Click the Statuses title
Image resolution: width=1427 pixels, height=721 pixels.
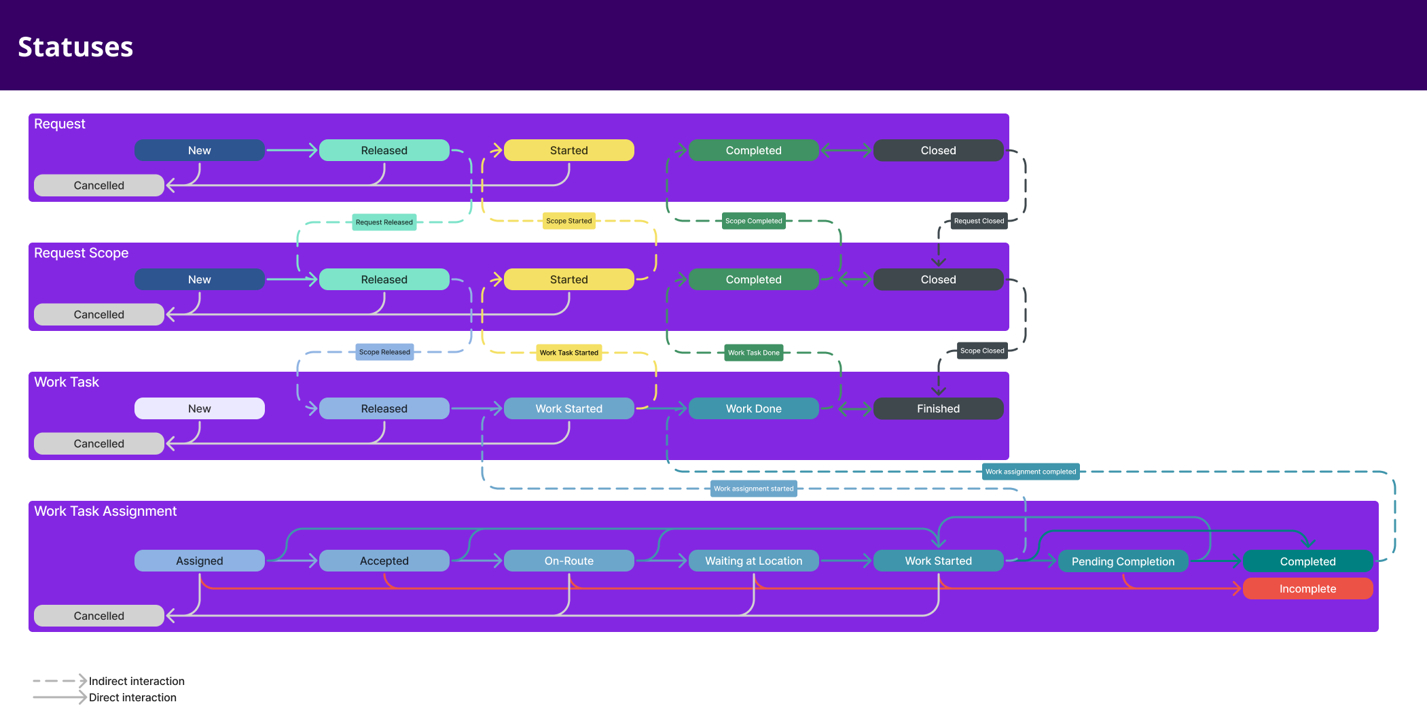75,47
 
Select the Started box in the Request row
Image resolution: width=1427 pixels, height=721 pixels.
568,150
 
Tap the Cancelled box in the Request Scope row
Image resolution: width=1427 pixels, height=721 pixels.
99,315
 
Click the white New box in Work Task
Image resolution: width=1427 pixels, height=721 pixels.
199,408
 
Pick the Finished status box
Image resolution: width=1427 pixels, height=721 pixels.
938,408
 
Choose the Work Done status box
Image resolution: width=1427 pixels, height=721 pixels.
753,408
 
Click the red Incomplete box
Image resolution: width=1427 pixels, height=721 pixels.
1307,588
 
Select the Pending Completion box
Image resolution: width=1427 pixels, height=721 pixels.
1123,561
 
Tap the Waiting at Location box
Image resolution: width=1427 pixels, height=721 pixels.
753,561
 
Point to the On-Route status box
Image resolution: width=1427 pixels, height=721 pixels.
568,561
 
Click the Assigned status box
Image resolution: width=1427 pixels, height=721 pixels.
199,561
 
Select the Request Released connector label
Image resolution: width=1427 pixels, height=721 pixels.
384,222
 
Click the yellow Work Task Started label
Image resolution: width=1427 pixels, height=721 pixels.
568,353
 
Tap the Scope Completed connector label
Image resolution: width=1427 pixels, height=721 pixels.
753,221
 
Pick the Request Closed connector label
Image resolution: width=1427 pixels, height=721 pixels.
979,221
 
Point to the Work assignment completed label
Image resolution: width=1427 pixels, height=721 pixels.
1030,472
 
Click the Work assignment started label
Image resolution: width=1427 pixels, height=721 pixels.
753,489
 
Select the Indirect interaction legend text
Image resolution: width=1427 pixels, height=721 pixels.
137,681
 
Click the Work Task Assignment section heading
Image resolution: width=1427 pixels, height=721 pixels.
105,511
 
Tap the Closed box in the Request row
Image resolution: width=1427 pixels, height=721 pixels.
938,150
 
